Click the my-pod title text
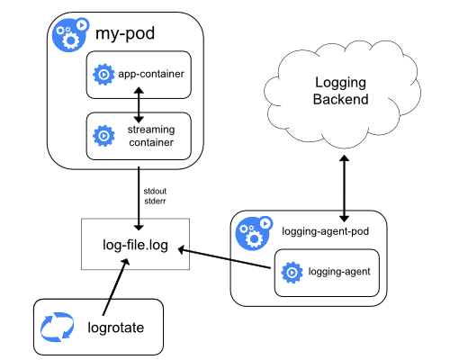point(124,36)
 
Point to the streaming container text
point(151,137)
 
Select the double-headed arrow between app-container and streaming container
point(139,104)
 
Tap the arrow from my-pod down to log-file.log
point(139,193)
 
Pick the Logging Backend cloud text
point(341,91)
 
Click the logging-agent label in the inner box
point(338,270)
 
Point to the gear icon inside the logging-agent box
point(291,271)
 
